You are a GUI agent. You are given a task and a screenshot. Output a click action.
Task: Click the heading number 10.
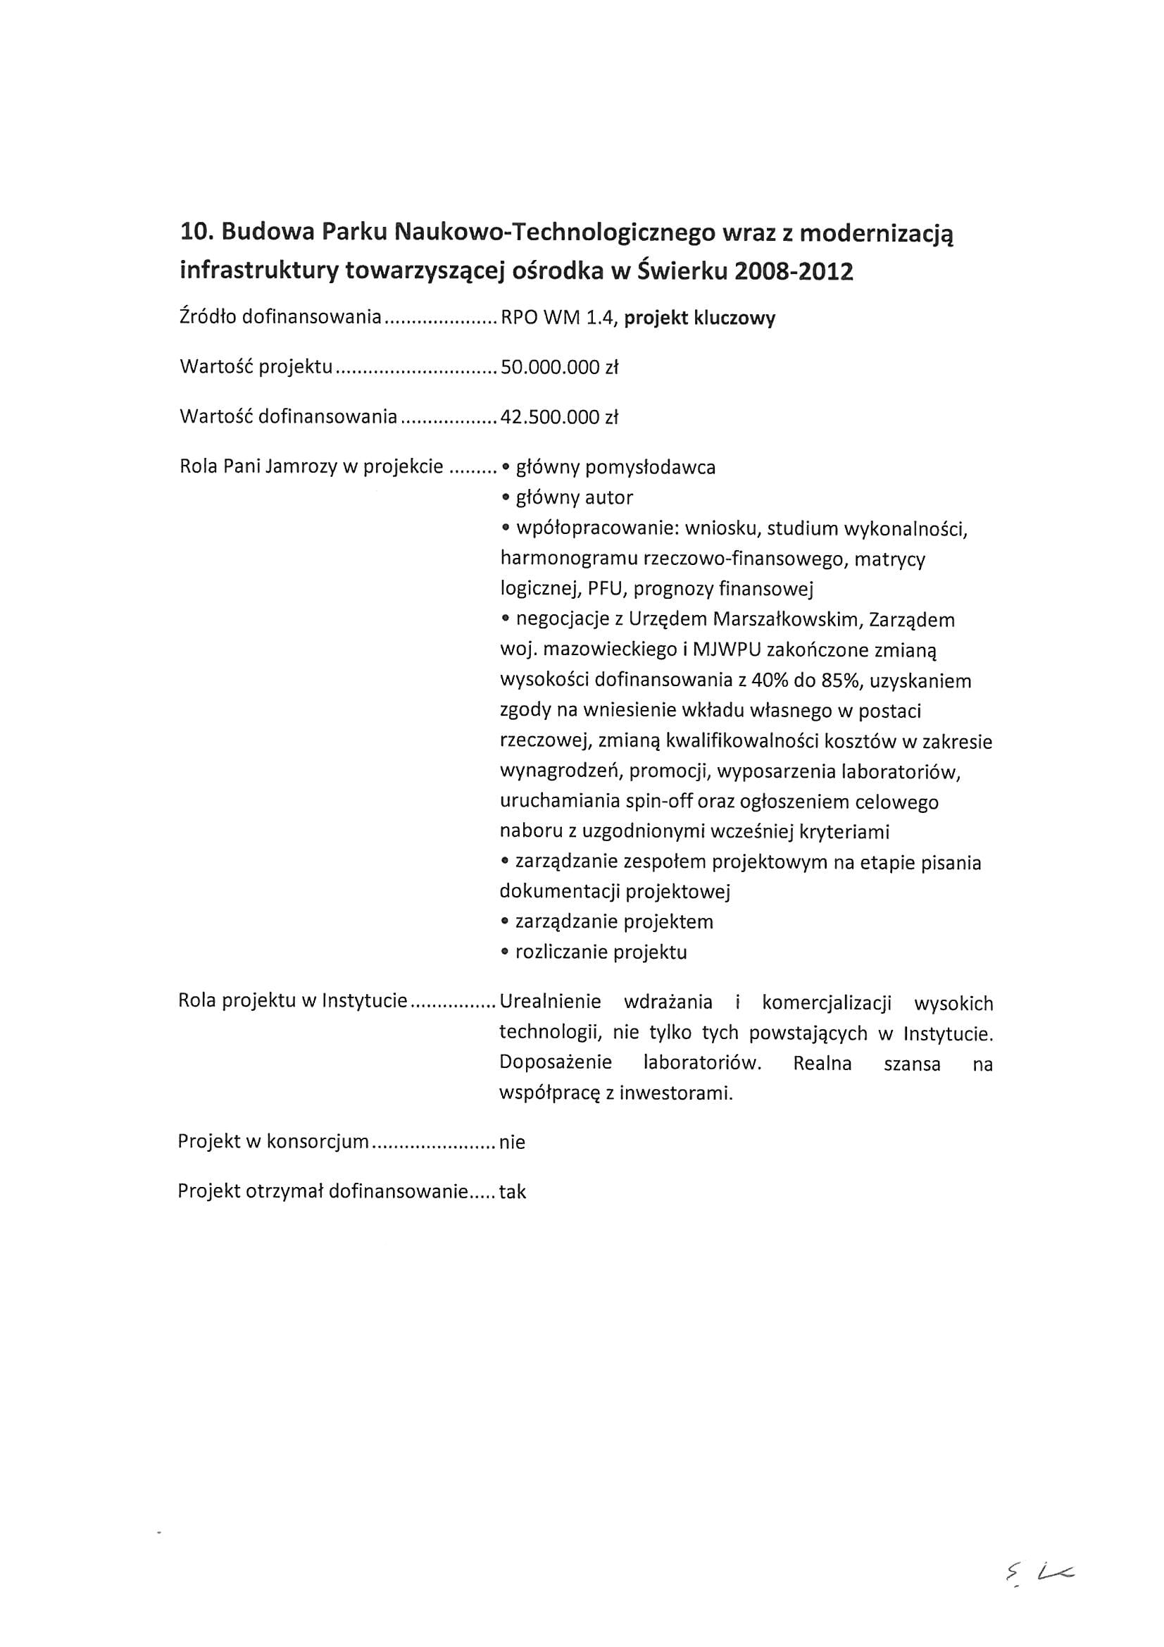[196, 233]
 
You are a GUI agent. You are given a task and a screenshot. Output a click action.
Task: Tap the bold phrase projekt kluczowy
[699, 318]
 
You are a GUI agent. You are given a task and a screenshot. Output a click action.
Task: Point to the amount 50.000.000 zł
[559, 368]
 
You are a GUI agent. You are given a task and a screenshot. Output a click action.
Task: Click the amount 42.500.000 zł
[559, 418]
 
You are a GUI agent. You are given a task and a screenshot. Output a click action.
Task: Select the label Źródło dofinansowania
[280, 317]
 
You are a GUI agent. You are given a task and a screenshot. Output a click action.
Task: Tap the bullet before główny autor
[506, 498]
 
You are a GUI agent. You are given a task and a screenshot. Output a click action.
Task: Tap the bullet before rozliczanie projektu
[506, 952]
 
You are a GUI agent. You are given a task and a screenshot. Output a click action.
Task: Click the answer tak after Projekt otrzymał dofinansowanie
[513, 1192]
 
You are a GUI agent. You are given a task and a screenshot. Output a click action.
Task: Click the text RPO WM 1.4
[558, 318]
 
